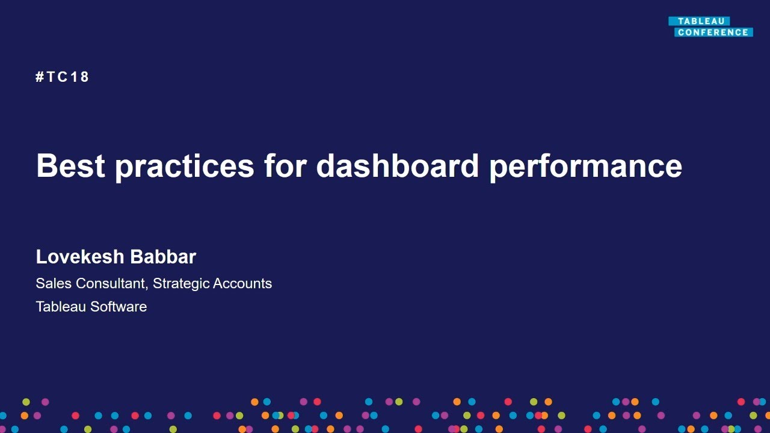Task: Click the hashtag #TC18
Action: point(63,77)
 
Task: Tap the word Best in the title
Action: point(71,165)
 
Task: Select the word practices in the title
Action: point(185,167)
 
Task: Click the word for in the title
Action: point(285,165)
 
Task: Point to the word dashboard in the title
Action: point(397,165)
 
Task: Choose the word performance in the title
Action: point(585,167)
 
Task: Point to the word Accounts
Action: point(244,283)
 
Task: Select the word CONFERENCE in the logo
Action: point(713,32)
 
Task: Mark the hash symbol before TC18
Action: point(40,77)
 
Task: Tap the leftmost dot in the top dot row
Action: point(26,402)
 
